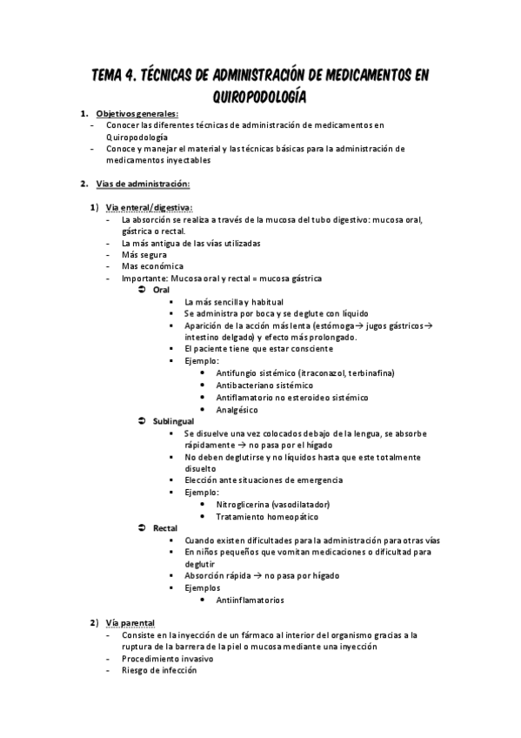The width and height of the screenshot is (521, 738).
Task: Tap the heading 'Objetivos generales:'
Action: click(x=137, y=114)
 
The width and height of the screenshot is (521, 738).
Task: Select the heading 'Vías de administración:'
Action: click(x=143, y=184)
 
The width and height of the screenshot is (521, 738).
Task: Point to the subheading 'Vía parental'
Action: click(x=130, y=624)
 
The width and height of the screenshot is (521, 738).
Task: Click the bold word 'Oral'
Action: click(x=161, y=289)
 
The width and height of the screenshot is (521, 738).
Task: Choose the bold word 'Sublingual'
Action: click(x=174, y=420)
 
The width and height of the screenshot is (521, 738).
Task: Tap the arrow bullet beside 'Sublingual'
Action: click(x=142, y=420)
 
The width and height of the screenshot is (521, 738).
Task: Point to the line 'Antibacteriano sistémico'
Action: click(x=264, y=385)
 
